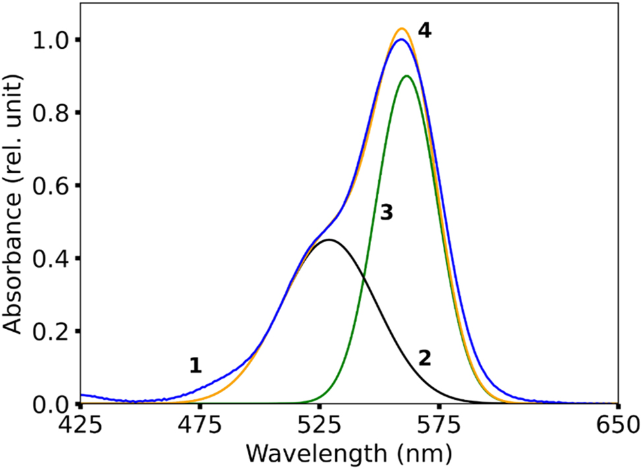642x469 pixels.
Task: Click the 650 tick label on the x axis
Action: pyautogui.click(x=617, y=425)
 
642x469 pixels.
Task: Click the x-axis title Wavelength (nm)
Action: pyautogui.click(x=349, y=453)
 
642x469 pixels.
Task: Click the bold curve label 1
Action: pyautogui.click(x=195, y=365)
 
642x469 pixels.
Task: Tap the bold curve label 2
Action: pyautogui.click(x=424, y=358)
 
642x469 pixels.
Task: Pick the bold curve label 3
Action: pyautogui.click(x=386, y=212)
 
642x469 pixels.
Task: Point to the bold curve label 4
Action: pyautogui.click(x=424, y=31)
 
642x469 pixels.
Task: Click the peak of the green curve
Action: pyautogui.click(x=407, y=76)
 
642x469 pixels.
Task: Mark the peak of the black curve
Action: pyautogui.click(x=329, y=239)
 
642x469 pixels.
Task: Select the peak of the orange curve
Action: pyautogui.click(x=401, y=28)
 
